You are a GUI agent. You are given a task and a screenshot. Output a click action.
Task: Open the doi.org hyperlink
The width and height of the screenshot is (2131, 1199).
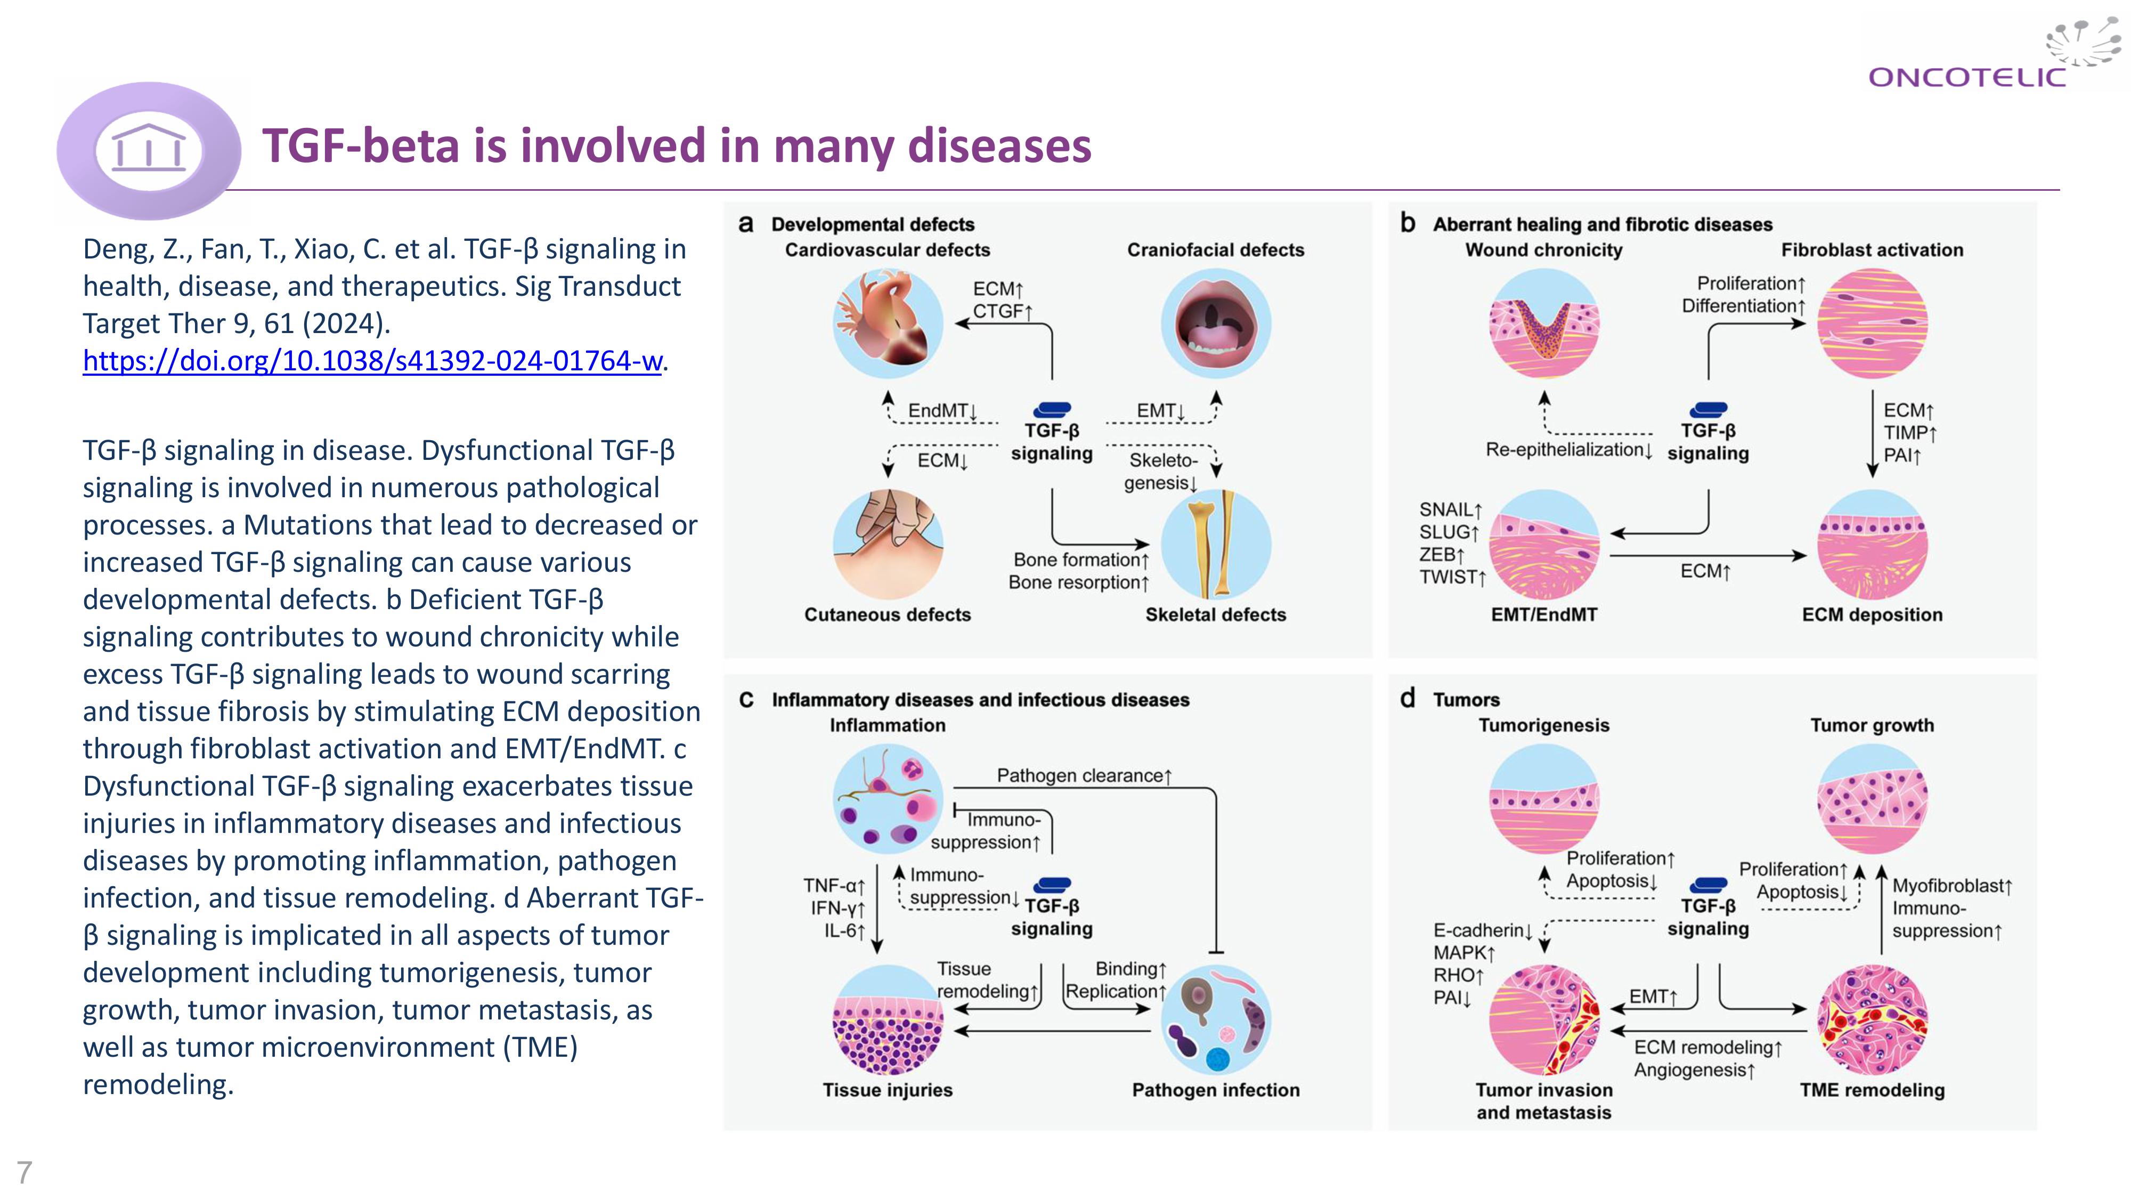(x=372, y=361)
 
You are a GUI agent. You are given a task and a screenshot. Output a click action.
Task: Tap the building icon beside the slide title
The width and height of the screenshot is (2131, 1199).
(x=149, y=150)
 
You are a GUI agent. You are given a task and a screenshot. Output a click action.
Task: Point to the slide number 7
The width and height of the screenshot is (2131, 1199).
(x=24, y=1172)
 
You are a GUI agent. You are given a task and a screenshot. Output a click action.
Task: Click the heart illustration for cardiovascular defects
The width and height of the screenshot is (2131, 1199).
(x=888, y=323)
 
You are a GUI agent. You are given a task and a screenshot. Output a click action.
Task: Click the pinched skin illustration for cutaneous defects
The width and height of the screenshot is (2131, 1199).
(x=888, y=544)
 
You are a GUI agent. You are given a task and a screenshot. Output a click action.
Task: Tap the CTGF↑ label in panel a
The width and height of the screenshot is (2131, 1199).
(x=1002, y=312)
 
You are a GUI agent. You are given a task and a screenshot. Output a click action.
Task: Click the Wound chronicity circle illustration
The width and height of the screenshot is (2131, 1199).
(x=1544, y=323)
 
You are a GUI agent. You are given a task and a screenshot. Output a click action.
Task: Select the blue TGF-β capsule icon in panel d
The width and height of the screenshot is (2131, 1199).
(x=1709, y=885)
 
